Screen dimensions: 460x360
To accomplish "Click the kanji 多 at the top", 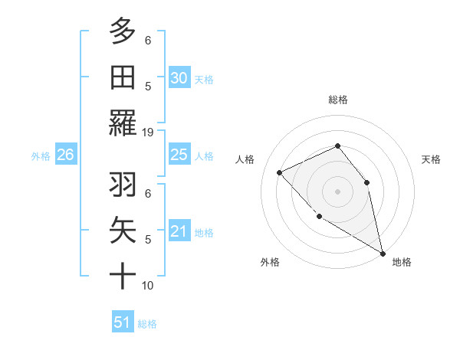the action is pos(123,32).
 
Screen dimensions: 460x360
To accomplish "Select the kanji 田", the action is pos(123,77).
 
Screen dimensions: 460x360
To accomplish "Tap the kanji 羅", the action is pos(123,123).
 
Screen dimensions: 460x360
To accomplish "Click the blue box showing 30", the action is pos(179,77).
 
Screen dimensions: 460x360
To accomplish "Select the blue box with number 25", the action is pos(179,155).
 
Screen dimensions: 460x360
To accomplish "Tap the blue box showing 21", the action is pos(179,231).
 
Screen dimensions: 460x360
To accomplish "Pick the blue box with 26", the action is pos(65,155).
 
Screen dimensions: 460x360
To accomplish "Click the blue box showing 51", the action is pos(122,322).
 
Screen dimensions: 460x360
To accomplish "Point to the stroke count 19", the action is pos(148,133).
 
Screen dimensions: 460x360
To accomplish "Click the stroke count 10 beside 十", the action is pos(148,286).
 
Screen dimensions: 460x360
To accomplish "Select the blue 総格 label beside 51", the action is pos(147,324).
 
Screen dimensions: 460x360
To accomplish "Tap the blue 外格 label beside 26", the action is pos(41,156).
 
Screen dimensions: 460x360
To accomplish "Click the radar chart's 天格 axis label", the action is pos(431,159).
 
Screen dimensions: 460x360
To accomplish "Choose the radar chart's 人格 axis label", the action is pos(245,159).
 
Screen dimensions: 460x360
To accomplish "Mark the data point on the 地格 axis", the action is pos(383,254).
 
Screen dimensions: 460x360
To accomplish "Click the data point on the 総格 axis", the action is pos(337,146).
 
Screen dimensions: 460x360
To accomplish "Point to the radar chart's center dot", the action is pos(337,191).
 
